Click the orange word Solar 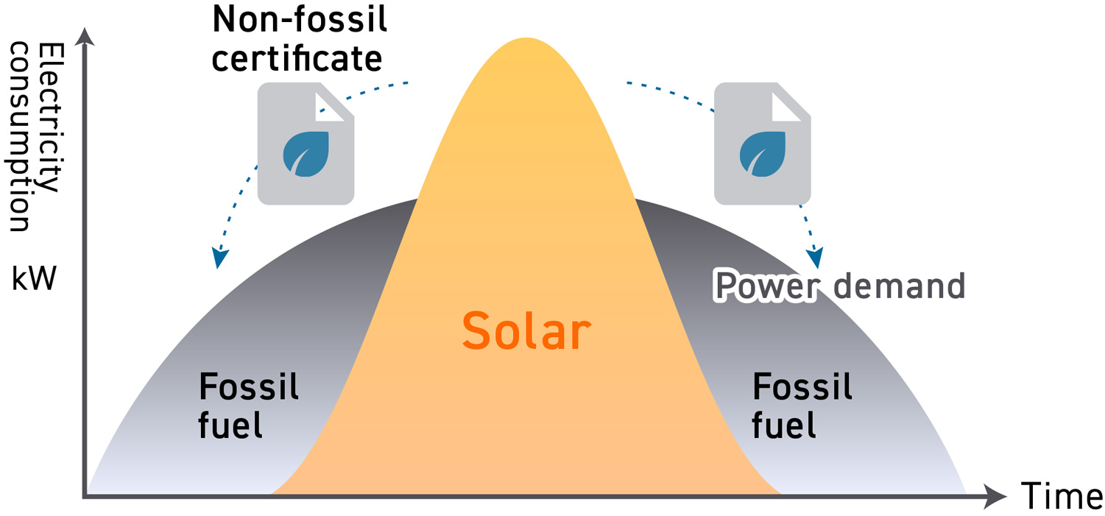click(x=526, y=331)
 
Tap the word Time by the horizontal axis click(x=1061, y=497)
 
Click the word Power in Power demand click(x=766, y=286)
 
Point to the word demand click(x=897, y=286)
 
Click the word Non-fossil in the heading click(x=300, y=21)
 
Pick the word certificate click(x=297, y=58)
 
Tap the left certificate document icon click(x=306, y=143)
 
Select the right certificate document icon click(x=763, y=143)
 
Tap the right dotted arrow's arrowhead click(x=815, y=259)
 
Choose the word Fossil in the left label click(x=249, y=386)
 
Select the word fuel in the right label click(x=783, y=425)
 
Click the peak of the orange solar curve click(x=526, y=39)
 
